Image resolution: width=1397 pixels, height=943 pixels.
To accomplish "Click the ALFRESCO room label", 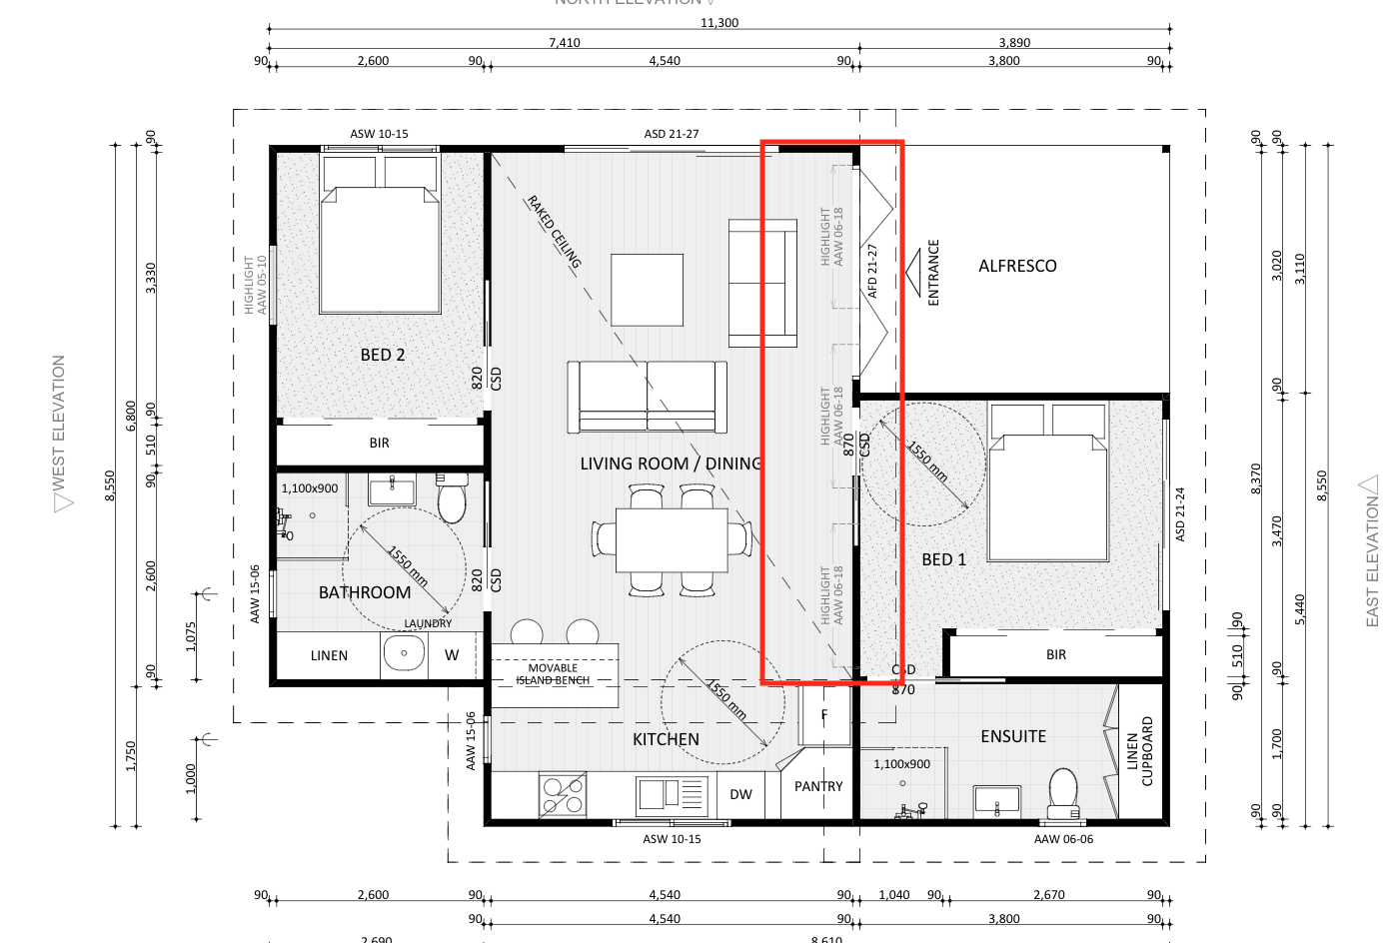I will tap(1017, 266).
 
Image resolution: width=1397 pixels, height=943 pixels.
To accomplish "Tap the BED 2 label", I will tap(383, 355).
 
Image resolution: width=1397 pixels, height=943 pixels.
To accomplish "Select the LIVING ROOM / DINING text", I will tap(671, 464).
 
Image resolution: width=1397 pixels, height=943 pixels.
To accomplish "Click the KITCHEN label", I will tap(666, 739).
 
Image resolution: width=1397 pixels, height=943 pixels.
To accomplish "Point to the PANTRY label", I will tap(818, 786).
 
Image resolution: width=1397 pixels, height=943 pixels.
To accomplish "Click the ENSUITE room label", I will tap(1013, 736).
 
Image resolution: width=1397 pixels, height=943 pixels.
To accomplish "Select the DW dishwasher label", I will tap(740, 794).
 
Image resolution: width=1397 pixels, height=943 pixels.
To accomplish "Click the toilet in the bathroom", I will tap(452, 498).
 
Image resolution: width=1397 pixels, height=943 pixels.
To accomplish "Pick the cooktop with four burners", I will tap(563, 795).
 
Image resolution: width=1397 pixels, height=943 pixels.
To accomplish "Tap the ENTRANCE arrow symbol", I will tap(912, 272).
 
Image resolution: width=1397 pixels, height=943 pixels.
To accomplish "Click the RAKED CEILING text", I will tap(554, 233).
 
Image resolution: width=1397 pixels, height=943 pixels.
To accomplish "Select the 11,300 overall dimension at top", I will tap(719, 23).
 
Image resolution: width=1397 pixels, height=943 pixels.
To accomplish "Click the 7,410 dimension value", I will tap(564, 43).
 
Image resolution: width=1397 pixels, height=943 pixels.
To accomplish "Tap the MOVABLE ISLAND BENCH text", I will tap(553, 674).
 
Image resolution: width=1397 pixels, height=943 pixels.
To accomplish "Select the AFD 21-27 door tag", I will tap(872, 271).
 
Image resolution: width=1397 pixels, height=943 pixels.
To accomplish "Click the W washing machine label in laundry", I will tap(452, 655).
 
